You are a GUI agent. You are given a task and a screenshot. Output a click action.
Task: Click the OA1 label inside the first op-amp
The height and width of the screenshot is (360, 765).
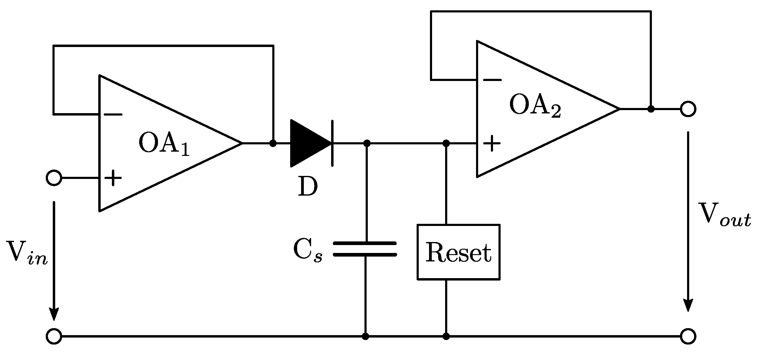click(164, 144)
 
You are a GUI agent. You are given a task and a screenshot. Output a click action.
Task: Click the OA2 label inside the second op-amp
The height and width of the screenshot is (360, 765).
click(535, 106)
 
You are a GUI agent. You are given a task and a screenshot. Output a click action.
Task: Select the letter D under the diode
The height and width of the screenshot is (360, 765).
click(307, 187)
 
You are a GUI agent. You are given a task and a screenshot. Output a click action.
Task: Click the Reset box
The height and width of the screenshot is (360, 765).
click(458, 252)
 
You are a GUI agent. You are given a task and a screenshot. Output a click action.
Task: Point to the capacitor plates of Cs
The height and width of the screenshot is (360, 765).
click(365, 249)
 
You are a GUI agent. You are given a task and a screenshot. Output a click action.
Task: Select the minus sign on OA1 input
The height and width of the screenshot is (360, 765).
click(113, 115)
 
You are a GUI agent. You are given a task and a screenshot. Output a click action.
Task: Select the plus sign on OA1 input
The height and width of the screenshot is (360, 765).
click(113, 178)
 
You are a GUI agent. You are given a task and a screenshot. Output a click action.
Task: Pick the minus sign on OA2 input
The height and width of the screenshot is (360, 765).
click(492, 80)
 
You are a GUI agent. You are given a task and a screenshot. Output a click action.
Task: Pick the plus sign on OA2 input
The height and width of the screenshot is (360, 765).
click(491, 143)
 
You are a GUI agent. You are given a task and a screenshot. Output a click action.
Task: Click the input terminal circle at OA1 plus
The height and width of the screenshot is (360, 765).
click(54, 178)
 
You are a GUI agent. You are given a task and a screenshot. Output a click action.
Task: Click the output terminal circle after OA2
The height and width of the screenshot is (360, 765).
click(688, 109)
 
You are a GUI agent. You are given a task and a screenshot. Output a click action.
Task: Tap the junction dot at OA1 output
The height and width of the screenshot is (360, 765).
click(273, 143)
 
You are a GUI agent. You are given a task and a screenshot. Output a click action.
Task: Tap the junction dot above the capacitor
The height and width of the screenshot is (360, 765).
click(367, 143)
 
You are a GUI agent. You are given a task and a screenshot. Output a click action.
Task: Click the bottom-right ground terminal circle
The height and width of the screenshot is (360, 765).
click(688, 336)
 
